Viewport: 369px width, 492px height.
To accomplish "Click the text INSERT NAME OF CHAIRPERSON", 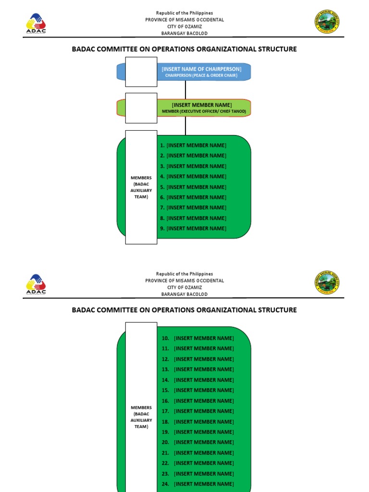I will (201, 69).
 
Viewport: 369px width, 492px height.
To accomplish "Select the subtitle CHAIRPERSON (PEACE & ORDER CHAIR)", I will (201, 75).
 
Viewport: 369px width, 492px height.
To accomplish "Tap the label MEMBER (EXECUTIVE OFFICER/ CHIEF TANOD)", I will (204, 111).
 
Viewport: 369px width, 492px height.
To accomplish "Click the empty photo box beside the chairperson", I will (141, 72).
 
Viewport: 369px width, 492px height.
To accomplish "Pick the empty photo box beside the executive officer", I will (141, 108).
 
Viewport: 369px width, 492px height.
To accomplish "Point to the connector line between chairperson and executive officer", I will (185, 90).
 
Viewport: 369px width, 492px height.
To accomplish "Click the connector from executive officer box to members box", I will (185, 126).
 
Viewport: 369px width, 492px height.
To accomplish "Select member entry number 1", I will (193, 145).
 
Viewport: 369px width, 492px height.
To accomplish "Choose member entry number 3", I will (193, 166).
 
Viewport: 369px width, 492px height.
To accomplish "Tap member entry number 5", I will (193, 187).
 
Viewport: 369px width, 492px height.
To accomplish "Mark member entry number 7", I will (193, 208).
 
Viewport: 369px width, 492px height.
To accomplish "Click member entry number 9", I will (193, 229).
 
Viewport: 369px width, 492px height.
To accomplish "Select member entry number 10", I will (198, 338).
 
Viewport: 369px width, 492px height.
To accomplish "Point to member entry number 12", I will (198, 359).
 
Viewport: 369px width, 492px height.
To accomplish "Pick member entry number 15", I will (198, 390).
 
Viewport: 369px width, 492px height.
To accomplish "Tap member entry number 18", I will (198, 421).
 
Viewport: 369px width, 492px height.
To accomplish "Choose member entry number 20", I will (198, 442).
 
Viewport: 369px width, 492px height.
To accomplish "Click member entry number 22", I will (198, 463).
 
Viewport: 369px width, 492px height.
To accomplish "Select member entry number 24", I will (198, 484).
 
